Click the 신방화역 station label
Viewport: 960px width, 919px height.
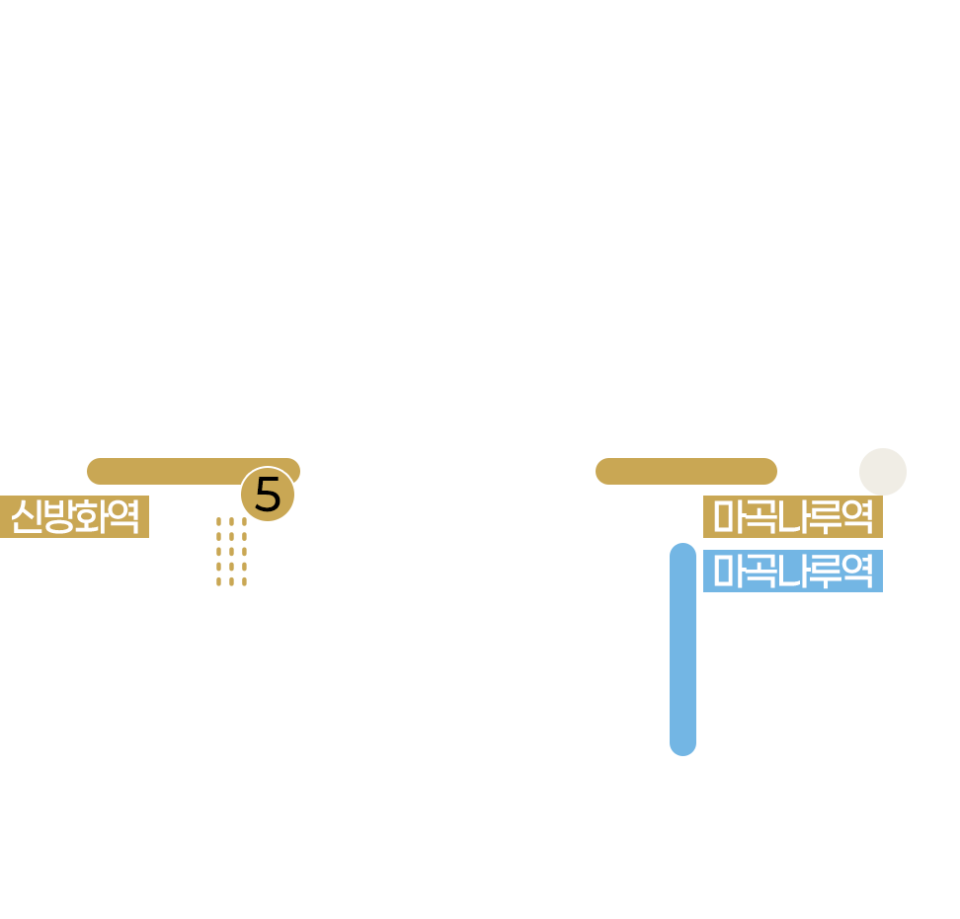pos(74,516)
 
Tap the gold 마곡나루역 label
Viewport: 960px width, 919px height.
pos(792,516)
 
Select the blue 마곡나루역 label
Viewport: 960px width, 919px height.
pos(792,571)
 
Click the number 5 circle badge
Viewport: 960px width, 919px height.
pos(268,494)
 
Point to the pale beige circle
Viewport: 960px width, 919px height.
pos(882,472)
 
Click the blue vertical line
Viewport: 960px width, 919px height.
pos(682,649)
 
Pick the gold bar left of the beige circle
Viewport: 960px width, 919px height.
pos(685,471)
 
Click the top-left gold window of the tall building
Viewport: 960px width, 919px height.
pos(218,522)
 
